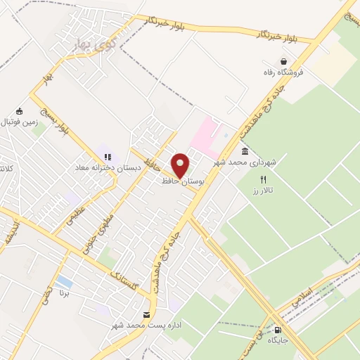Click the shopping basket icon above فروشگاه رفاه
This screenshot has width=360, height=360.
tap(283, 61)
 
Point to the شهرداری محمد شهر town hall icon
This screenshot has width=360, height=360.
tap(244, 152)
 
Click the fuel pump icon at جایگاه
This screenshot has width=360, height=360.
tap(278, 330)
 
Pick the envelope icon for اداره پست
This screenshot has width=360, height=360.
tap(146, 314)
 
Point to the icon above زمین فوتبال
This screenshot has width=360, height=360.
tap(20, 111)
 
